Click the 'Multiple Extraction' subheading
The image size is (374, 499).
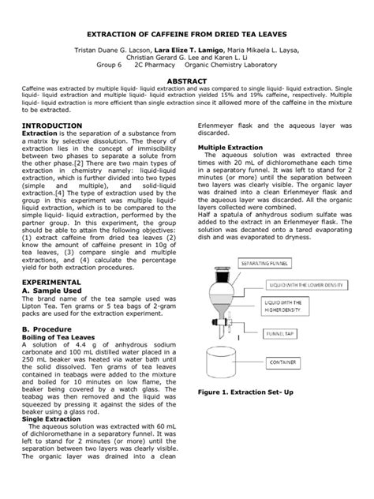234,148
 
